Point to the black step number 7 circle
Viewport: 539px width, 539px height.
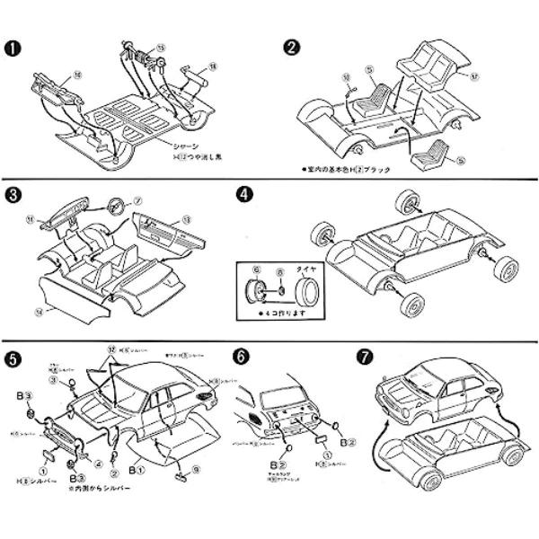(x=372, y=356)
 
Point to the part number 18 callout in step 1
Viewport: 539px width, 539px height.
(x=213, y=66)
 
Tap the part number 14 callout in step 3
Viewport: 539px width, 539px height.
(x=38, y=312)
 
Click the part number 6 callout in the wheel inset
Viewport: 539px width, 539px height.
(x=256, y=268)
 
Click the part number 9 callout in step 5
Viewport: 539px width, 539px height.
(x=197, y=467)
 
